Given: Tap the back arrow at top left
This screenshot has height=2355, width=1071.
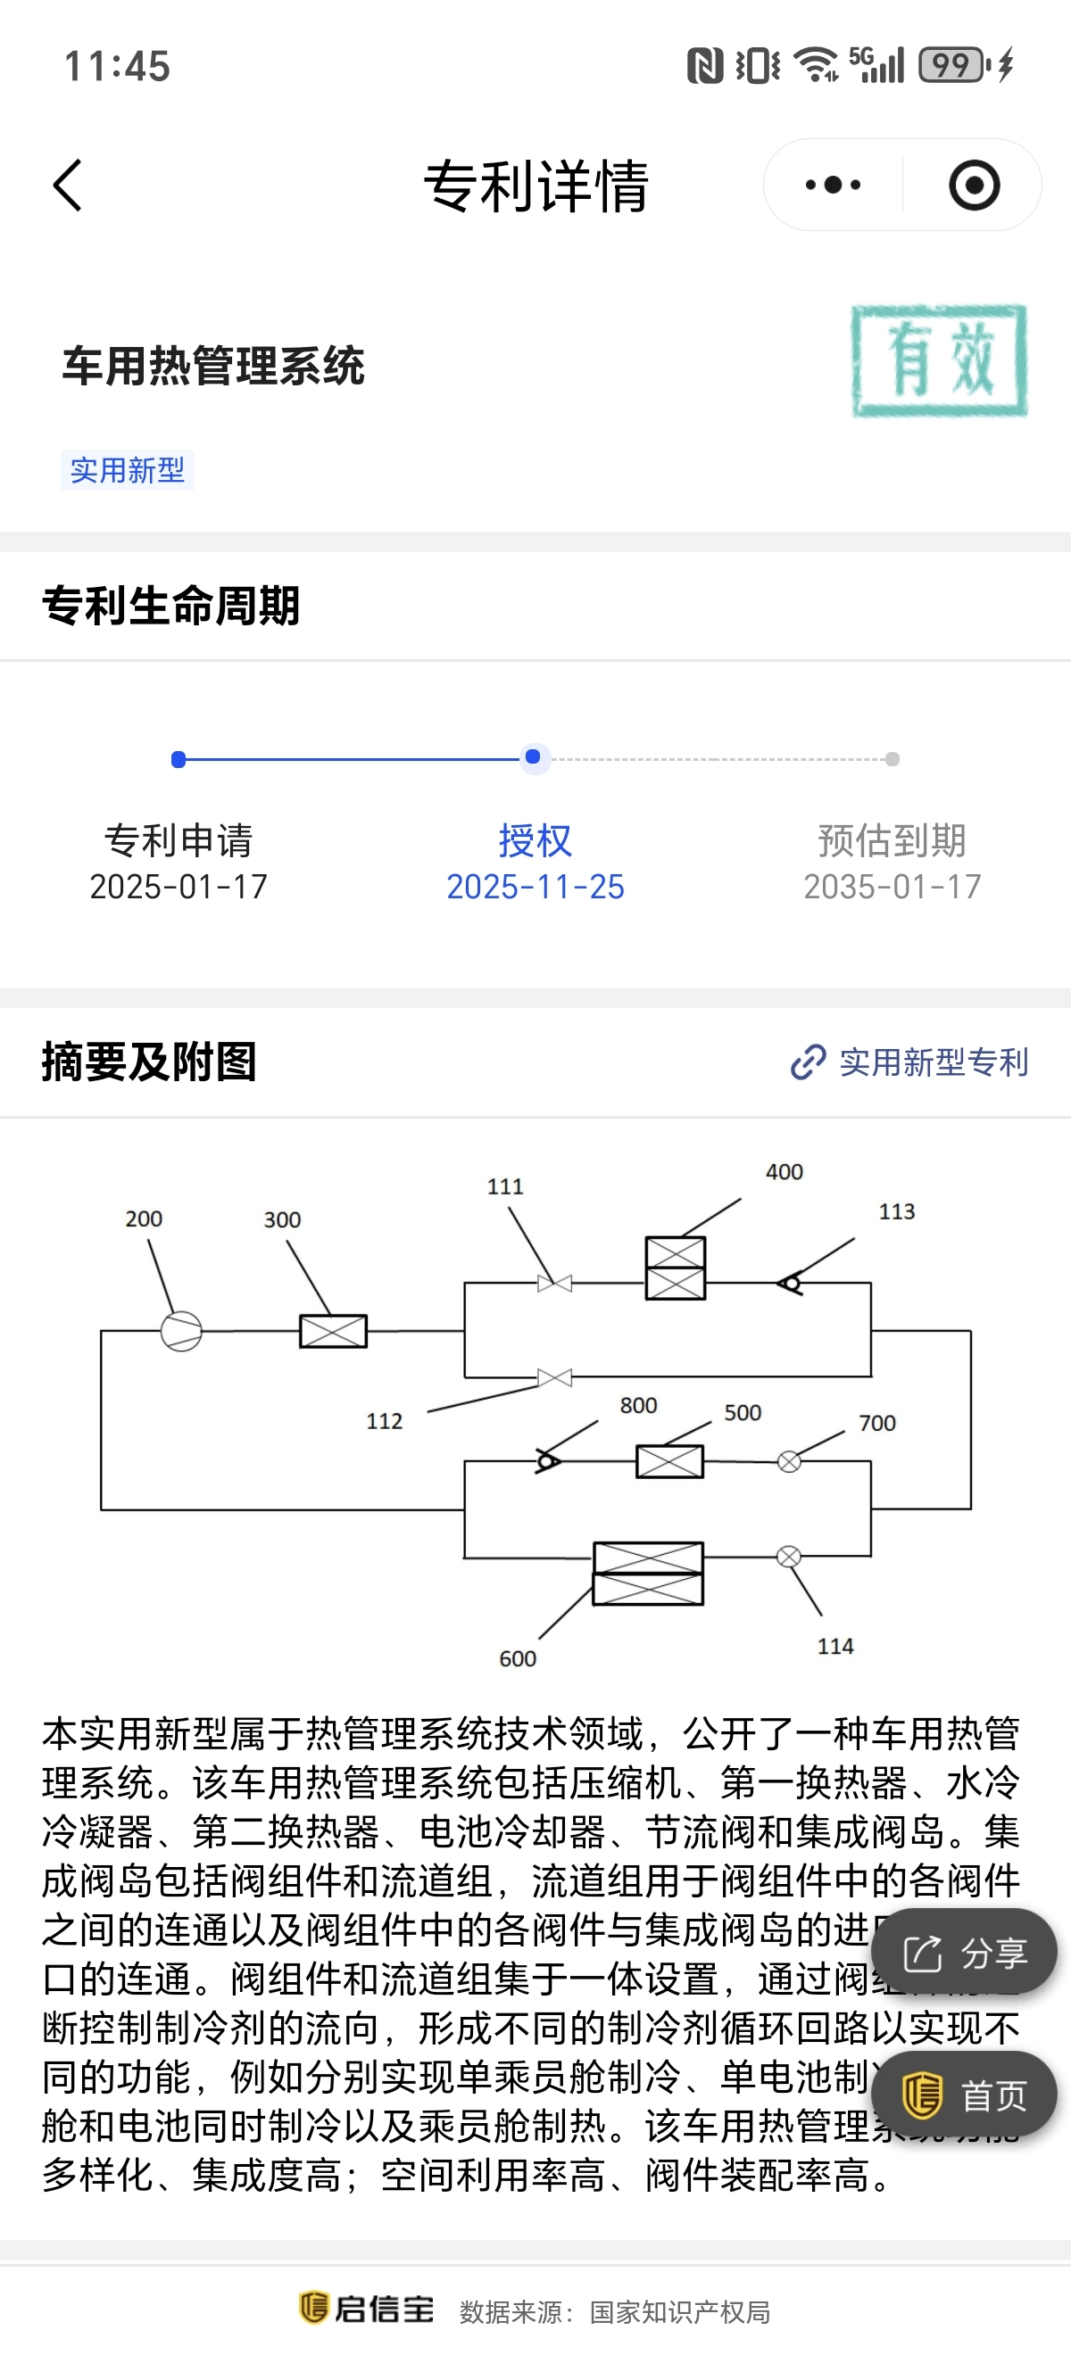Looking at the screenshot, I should coord(68,186).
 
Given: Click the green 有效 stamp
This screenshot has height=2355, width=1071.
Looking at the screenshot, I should coord(938,361).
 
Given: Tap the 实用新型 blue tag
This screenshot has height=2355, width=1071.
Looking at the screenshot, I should coord(127,471).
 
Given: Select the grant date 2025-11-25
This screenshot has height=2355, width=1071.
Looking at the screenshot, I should coord(535,887).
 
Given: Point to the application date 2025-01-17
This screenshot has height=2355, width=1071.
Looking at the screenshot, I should coord(178,887).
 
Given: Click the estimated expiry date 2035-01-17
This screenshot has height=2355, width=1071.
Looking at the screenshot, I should coord(892,887).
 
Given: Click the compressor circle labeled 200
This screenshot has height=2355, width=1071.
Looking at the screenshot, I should coord(181,1331).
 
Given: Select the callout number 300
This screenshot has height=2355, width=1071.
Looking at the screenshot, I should coord(282,1219).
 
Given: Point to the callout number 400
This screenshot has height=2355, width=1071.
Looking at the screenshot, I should coord(784,1172).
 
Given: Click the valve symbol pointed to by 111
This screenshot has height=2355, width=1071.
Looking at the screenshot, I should coord(554,1284).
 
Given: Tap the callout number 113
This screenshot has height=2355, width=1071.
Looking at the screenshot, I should coord(896,1211).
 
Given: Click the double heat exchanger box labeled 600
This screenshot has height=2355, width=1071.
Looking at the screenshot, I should coord(648,1574).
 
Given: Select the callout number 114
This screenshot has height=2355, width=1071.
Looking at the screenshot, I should coord(835,1647).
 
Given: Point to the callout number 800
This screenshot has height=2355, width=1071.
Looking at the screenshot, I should coord(638,1405).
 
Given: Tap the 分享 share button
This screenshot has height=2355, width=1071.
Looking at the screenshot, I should coord(964,1954).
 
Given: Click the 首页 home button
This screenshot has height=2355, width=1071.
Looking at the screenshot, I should coord(964,2095).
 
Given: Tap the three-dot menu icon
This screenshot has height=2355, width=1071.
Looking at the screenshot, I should coord(833,186).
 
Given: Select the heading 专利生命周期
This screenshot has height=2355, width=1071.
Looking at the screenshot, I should coord(171,606).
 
